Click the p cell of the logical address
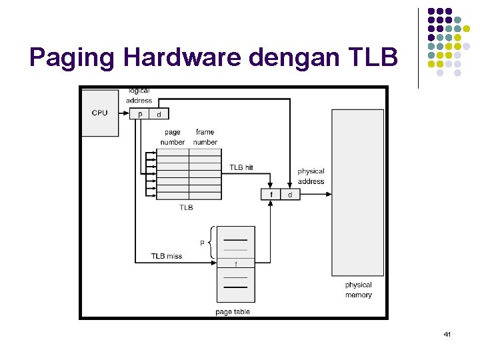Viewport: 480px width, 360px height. (140, 115)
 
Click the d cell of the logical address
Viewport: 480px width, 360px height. (159, 115)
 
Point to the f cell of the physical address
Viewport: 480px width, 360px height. (271, 194)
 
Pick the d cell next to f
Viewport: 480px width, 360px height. (290, 194)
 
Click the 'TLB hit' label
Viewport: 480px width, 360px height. (241, 167)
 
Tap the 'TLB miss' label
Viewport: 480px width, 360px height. (166, 256)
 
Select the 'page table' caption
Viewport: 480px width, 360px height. (233, 311)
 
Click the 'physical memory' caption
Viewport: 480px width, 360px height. (359, 290)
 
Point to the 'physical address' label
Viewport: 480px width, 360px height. (311, 177)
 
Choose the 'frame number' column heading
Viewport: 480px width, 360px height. (205, 137)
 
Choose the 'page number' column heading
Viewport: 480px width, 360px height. (173, 137)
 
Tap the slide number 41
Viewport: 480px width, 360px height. (447, 333)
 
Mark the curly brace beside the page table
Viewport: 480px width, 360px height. (211, 242)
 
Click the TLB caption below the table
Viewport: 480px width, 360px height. (186, 208)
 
